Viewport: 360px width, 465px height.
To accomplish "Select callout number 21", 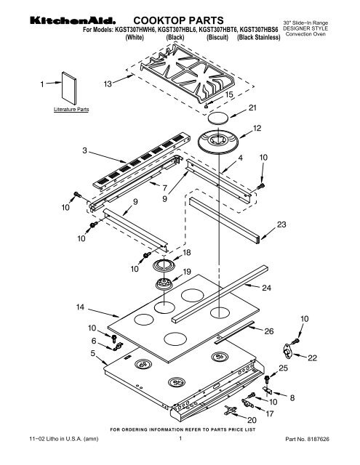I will pyautogui.click(x=252, y=108).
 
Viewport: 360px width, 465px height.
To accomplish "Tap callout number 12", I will pyautogui.click(x=256, y=128).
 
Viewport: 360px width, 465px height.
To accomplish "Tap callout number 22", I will pyautogui.click(x=313, y=357).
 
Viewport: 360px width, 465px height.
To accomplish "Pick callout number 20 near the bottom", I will pyautogui.click(x=252, y=420).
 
